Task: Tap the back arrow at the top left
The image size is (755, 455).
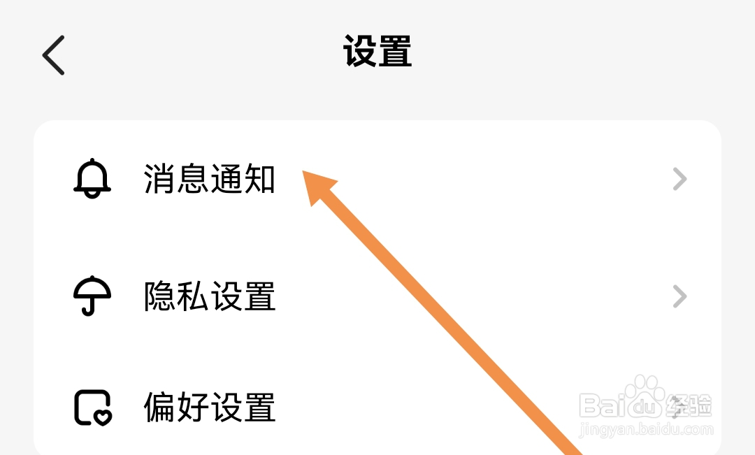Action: [54, 55]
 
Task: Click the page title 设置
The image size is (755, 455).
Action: [377, 52]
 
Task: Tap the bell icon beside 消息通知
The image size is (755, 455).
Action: [92, 179]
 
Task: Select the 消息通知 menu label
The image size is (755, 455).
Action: [210, 179]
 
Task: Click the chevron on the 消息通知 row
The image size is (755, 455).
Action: [679, 180]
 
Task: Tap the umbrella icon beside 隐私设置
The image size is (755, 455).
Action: [92, 296]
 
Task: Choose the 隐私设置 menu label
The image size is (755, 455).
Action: [210, 296]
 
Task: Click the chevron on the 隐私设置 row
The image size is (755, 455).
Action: [679, 297]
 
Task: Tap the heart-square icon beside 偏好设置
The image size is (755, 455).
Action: [92, 407]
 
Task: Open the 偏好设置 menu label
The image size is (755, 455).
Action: [210, 407]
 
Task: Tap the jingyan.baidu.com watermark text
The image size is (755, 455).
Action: [647, 429]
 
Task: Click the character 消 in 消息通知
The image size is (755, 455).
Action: [160, 179]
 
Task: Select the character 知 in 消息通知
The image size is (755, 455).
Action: [259, 179]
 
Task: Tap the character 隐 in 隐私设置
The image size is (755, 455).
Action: [160, 296]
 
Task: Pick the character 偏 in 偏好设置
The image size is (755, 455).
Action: [160, 407]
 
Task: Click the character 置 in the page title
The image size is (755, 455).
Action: [395, 52]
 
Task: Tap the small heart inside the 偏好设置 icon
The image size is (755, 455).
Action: [103, 417]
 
